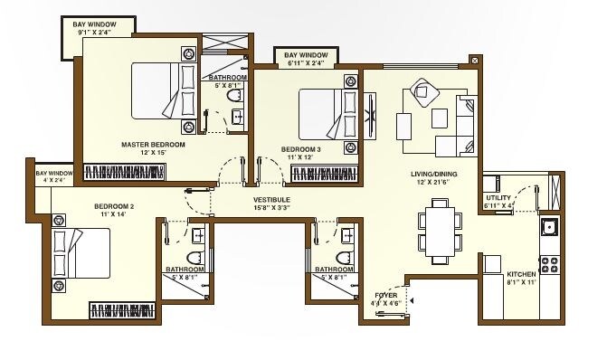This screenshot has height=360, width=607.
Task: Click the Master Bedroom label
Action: (153, 144)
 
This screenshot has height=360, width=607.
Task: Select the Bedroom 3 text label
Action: (299, 148)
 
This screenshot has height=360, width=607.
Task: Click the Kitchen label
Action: (521, 273)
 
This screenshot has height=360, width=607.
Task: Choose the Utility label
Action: (498, 197)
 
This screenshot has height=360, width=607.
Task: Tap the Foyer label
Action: (386, 295)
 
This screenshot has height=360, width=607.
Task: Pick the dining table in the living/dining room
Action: (439, 230)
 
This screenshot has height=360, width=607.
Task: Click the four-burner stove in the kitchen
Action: (548, 265)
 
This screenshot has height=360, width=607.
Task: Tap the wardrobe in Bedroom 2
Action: (127, 310)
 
